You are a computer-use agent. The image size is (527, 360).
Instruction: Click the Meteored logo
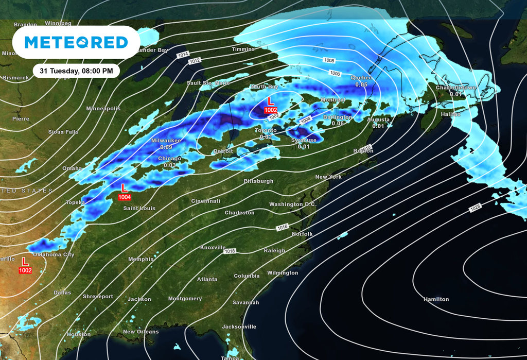click(76, 42)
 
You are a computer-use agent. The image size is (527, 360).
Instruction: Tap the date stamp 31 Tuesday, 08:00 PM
click(76, 71)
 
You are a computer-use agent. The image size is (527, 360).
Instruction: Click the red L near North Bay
click(271, 102)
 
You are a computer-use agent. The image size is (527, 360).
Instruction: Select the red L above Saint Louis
click(124, 188)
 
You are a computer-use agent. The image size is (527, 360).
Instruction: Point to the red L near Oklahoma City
click(24, 261)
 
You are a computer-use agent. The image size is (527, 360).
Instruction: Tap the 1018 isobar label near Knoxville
click(230, 251)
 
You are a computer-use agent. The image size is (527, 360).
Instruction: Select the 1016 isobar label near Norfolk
click(282, 227)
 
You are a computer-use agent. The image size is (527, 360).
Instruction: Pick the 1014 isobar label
click(183, 54)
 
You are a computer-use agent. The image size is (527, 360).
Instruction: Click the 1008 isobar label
click(329, 60)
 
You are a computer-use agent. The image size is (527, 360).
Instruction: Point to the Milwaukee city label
click(166, 140)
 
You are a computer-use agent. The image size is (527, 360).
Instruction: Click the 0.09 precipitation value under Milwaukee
click(166, 147)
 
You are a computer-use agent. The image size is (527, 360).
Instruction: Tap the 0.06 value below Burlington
click(338, 124)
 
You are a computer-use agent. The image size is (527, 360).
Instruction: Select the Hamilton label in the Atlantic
click(436, 299)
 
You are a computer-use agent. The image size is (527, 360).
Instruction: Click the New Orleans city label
click(140, 332)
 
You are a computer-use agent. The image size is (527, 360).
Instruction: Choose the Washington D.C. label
click(293, 204)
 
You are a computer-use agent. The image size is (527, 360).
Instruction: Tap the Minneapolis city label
click(103, 109)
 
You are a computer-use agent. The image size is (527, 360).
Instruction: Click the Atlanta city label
click(207, 279)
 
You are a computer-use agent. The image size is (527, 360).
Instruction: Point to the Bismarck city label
click(15, 78)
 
